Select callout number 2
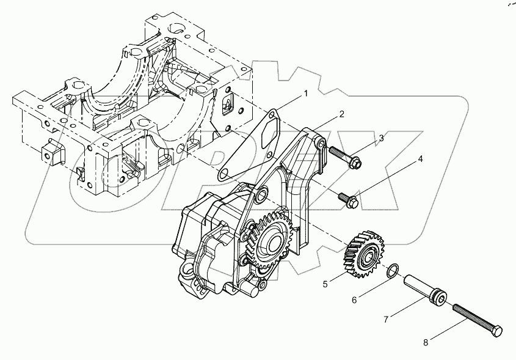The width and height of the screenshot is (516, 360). coord(342,114)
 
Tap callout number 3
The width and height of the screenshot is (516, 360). coord(381,138)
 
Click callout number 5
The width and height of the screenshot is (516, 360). coord(325,284)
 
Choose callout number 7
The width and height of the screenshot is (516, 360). coord(386,319)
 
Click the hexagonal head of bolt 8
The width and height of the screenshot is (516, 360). coord(498,331)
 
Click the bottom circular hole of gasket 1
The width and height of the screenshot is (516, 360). coord(224,175)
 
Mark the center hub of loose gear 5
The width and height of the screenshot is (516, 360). coord(368,254)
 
